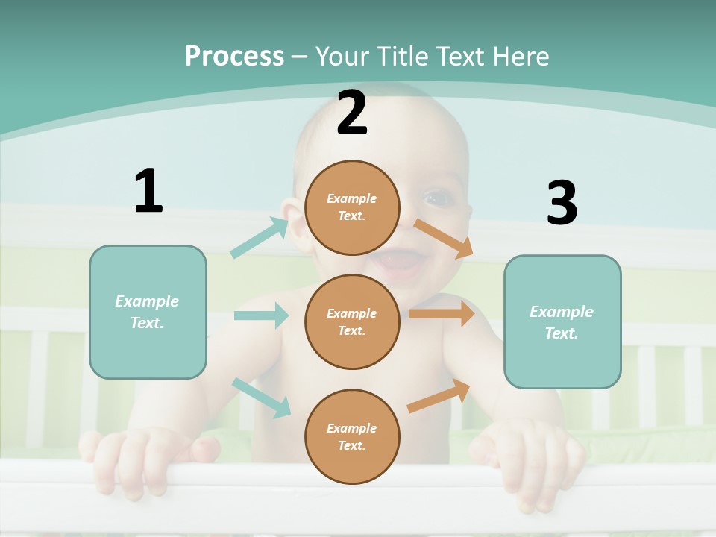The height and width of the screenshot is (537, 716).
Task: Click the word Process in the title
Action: (x=234, y=57)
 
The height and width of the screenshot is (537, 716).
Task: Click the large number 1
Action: (x=148, y=192)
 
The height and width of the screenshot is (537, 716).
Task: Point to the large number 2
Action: (x=352, y=113)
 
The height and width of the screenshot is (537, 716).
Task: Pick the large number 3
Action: (x=562, y=204)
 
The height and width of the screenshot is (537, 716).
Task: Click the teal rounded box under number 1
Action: (x=148, y=312)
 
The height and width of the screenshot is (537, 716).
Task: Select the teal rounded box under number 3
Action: (x=562, y=321)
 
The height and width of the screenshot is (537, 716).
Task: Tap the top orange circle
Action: (x=352, y=207)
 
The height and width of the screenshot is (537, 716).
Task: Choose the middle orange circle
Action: (x=352, y=321)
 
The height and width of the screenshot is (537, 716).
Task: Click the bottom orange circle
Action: (x=352, y=436)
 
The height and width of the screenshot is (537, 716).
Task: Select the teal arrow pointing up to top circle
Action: (x=260, y=238)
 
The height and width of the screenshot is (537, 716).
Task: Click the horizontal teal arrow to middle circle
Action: (x=261, y=315)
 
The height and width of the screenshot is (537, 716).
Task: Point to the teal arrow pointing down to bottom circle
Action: (x=261, y=397)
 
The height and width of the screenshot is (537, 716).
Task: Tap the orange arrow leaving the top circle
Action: (x=443, y=238)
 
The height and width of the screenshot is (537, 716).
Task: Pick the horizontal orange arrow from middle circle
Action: (x=441, y=314)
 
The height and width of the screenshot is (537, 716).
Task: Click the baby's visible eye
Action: (x=435, y=199)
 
